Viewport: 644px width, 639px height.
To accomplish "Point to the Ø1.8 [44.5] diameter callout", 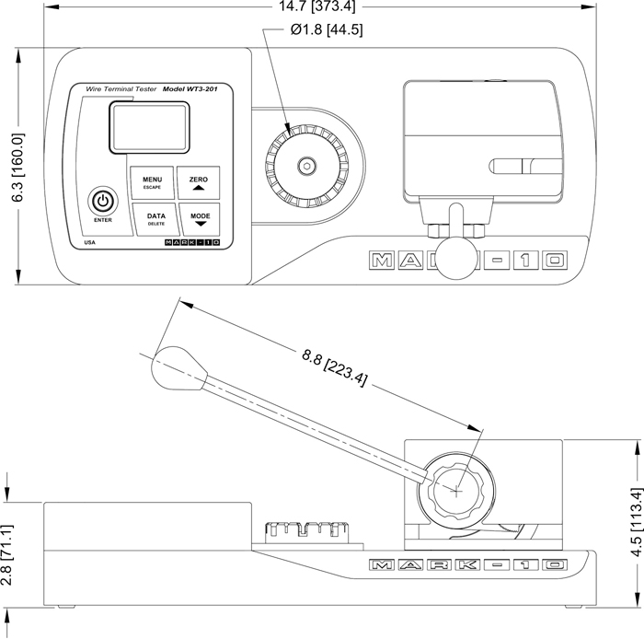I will coord(327,29).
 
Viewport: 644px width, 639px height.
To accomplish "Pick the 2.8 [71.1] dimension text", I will coord(8,553).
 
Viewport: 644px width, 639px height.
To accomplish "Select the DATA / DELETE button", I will coord(156,219).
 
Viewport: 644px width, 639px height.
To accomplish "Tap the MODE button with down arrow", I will coord(200,219).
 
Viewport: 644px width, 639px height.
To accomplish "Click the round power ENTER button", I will coord(103,201).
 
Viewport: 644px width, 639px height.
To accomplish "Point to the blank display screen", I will coord(149,127).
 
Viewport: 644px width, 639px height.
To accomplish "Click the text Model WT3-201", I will coord(195,89).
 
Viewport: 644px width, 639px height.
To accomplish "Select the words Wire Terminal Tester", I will coord(120,89).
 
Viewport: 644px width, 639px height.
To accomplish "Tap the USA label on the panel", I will coord(89,244).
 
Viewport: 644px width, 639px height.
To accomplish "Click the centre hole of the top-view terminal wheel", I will coord(305,167).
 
